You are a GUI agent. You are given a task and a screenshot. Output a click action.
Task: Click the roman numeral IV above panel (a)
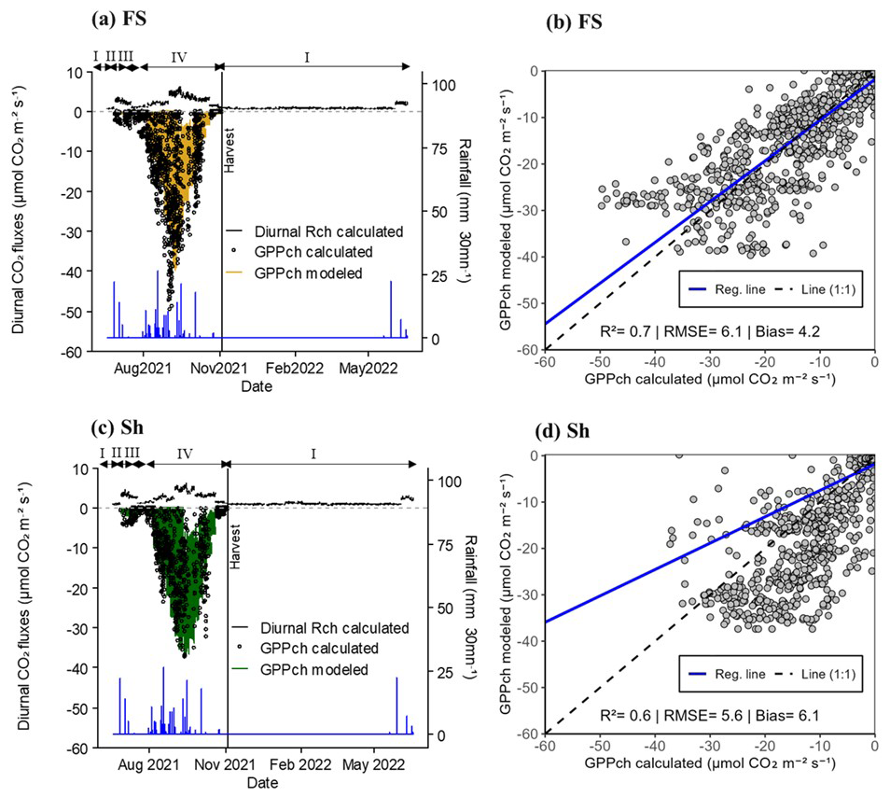point(179,57)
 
